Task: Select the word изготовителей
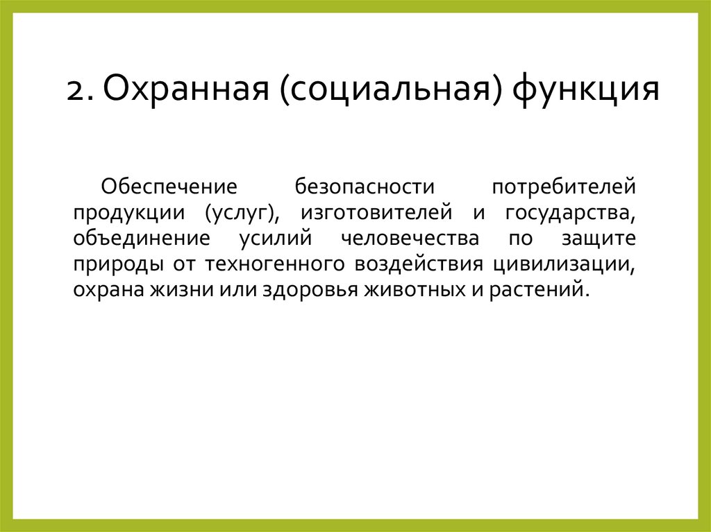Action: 377,213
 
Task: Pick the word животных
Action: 408,290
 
